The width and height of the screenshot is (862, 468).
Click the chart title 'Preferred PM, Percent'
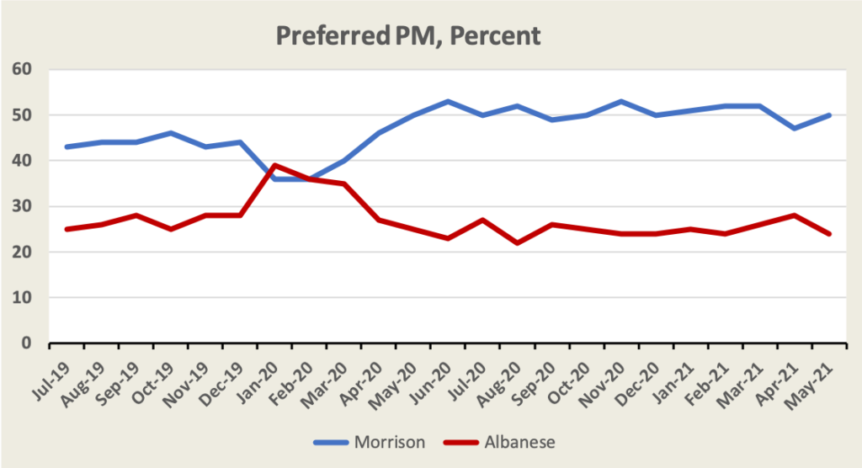[408, 37]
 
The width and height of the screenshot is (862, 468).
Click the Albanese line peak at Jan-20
[275, 165]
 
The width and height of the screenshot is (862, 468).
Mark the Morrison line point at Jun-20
[448, 101]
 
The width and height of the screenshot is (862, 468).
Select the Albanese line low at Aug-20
[517, 243]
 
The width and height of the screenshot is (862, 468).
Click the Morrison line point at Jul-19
[67, 146]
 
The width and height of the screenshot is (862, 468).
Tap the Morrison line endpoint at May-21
[829, 114]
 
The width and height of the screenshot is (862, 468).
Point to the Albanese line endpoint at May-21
[829, 234]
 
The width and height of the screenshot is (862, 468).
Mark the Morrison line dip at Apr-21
[795, 129]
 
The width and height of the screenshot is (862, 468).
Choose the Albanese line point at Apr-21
[795, 215]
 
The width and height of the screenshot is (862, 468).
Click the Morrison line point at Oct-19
[171, 133]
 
